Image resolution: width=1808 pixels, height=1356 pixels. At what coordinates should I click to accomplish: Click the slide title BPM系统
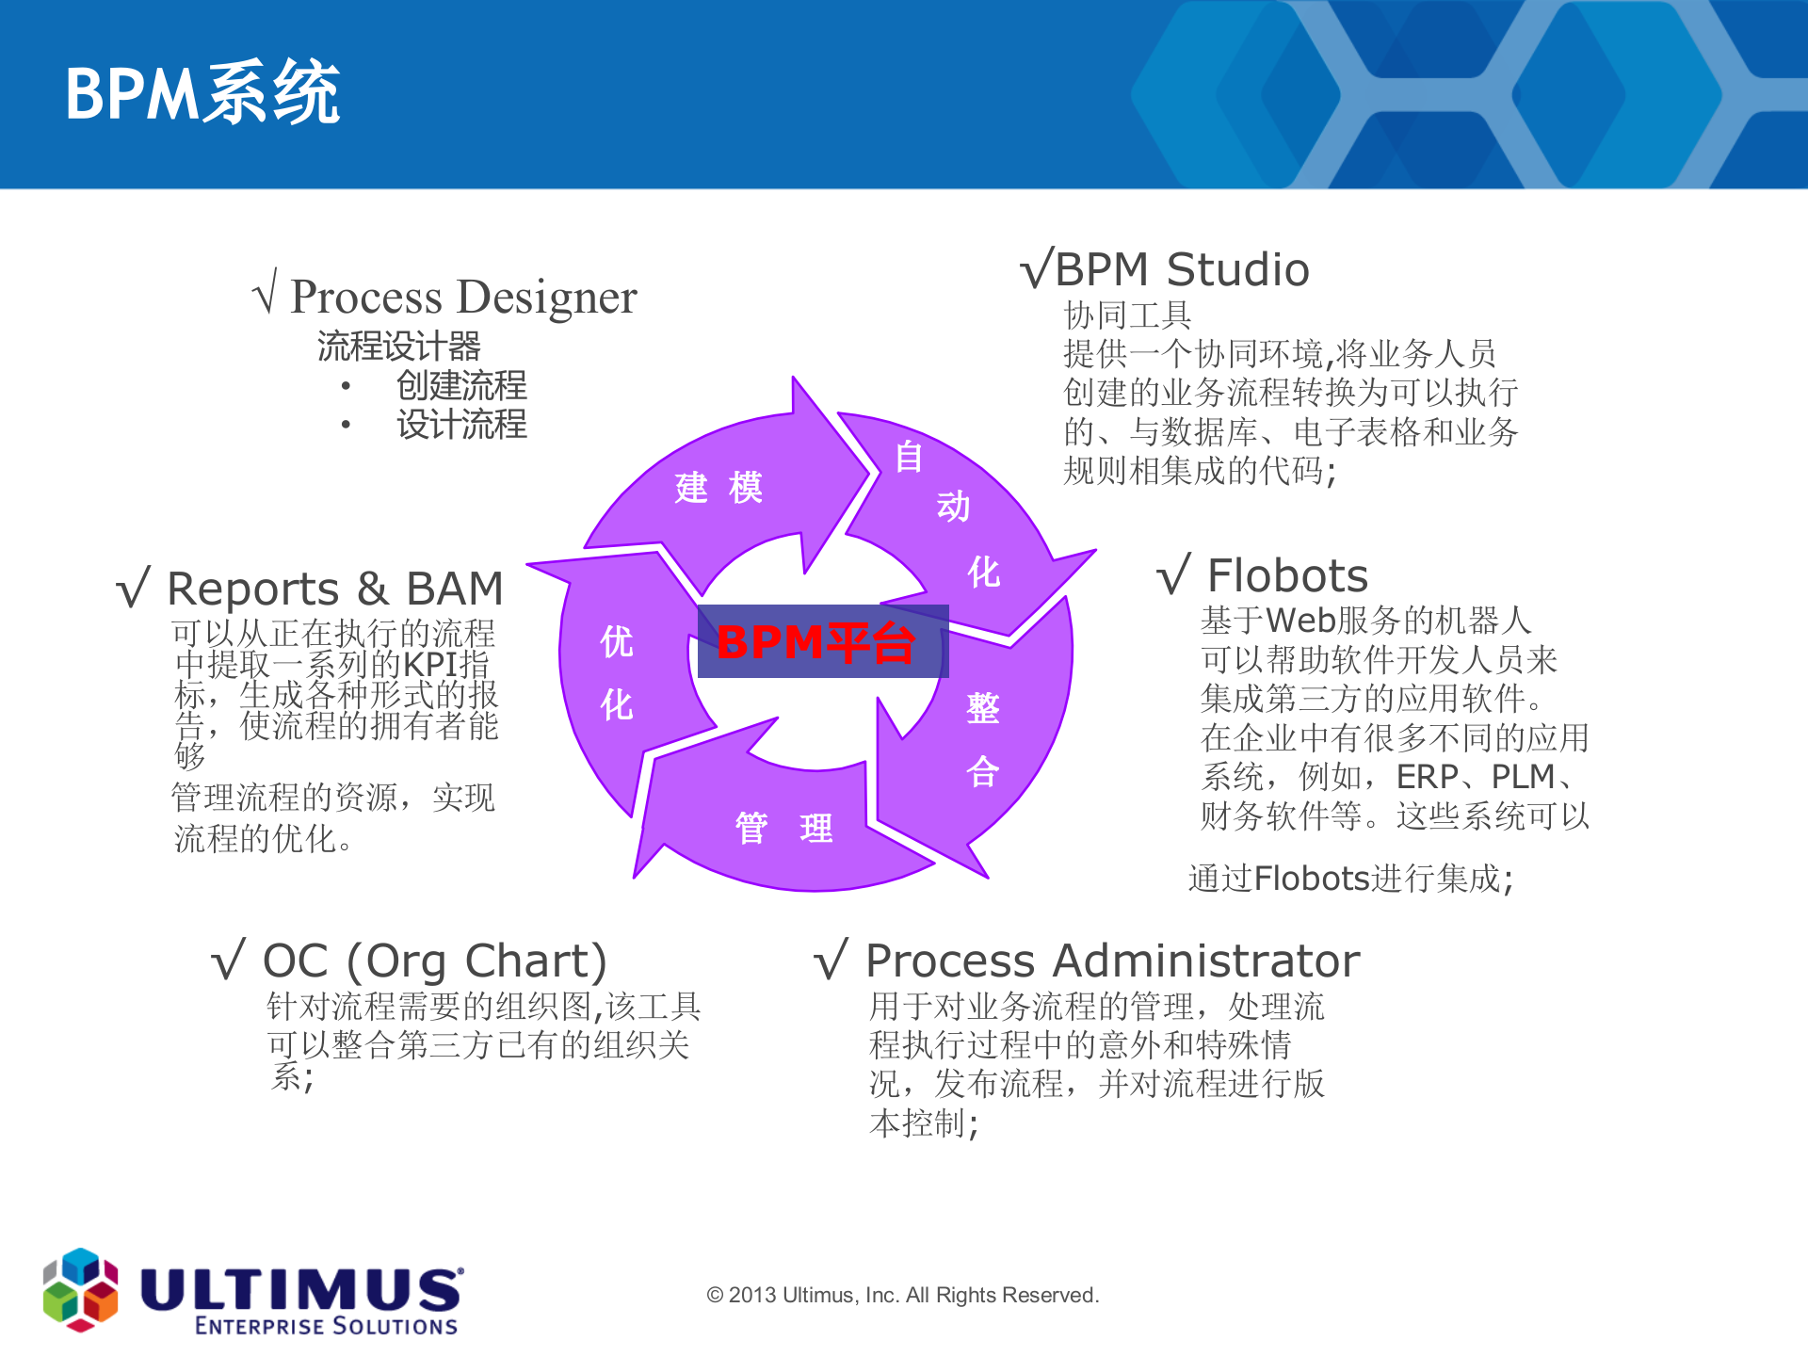(202, 93)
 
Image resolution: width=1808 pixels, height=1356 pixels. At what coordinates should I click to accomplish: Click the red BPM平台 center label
(815, 643)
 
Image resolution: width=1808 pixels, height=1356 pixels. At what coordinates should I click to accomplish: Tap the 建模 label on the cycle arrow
(718, 488)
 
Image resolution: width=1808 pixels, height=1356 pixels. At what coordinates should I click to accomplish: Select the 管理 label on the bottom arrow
(783, 829)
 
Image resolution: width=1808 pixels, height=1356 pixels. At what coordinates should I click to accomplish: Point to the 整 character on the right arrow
(982, 708)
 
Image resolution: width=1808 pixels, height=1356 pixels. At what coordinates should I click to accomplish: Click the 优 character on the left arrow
(617, 642)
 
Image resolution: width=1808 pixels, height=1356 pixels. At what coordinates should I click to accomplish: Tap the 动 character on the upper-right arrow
(953, 507)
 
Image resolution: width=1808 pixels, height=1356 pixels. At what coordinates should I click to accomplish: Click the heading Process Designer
(462, 297)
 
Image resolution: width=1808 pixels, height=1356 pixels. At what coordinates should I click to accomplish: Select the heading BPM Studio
(1181, 270)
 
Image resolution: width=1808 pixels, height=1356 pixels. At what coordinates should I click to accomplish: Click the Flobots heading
(1286, 575)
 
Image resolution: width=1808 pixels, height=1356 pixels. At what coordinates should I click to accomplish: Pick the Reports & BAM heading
(334, 589)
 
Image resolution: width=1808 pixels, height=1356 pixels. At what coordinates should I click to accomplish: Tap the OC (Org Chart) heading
(434, 961)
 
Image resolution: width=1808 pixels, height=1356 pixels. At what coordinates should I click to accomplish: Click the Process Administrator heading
(1111, 961)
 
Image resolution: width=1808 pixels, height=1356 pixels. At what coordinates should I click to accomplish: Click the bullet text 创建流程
(460, 385)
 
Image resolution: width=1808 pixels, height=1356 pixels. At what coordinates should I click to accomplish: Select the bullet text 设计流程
(460, 425)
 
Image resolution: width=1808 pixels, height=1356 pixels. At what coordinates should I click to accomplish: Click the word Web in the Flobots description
(1300, 621)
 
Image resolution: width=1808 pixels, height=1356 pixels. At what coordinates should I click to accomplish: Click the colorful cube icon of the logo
(81, 1289)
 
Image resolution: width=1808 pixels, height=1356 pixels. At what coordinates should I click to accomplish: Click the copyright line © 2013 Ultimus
(902, 1296)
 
